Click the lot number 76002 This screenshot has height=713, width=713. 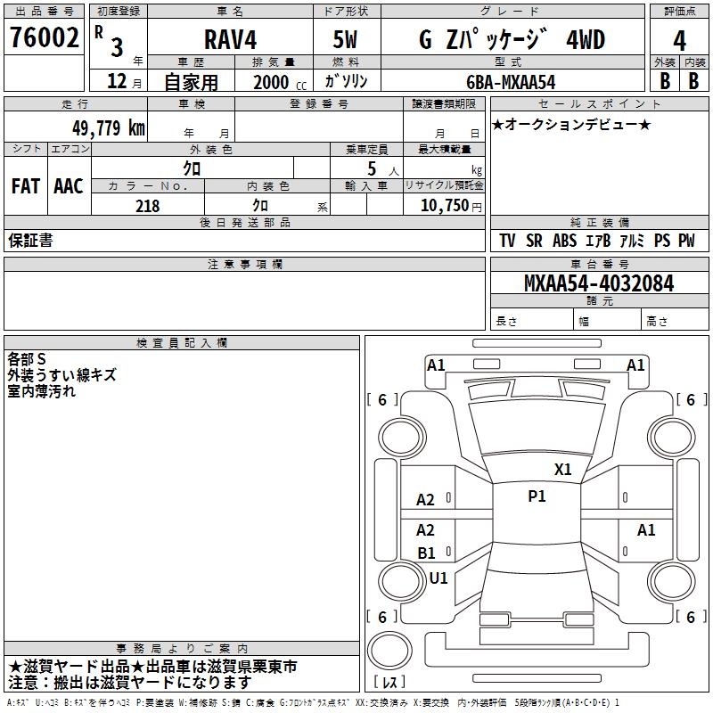(x=44, y=37)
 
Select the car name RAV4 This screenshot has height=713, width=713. (x=230, y=39)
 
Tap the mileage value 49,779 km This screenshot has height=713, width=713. (x=108, y=127)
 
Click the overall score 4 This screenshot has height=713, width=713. (x=679, y=41)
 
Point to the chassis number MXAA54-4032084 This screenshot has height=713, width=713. (x=599, y=283)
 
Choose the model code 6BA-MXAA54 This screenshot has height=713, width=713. (x=511, y=82)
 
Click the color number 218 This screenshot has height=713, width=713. (x=148, y=206)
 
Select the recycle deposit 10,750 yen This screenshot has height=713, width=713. (x=451, y=206)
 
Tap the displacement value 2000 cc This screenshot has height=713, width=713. (x=280, y=82)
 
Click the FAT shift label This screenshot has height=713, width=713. (x=26, y=186)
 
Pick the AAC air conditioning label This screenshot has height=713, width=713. (x=69, y=186)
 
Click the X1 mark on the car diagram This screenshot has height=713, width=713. (x=562, y=469)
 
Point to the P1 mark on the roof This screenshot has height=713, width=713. (x=537, y=496)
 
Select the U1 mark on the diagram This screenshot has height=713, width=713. (x=438, y=578)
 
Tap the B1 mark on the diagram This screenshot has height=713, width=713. (x=426, y=553)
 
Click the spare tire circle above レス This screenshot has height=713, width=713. (x=389, y=650)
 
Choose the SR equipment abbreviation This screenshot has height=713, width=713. (x=534, y=241)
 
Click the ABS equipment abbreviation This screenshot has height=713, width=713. (x=564, y=241)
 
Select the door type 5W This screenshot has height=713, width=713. (x=345, y=39)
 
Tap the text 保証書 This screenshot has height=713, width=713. (x=30, y=240)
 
